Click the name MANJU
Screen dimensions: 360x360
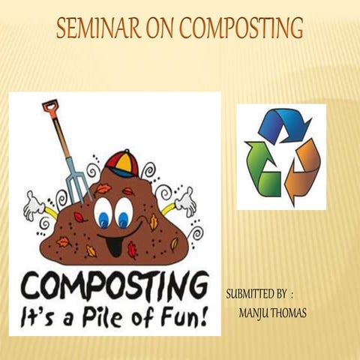(x=253, y=310)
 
